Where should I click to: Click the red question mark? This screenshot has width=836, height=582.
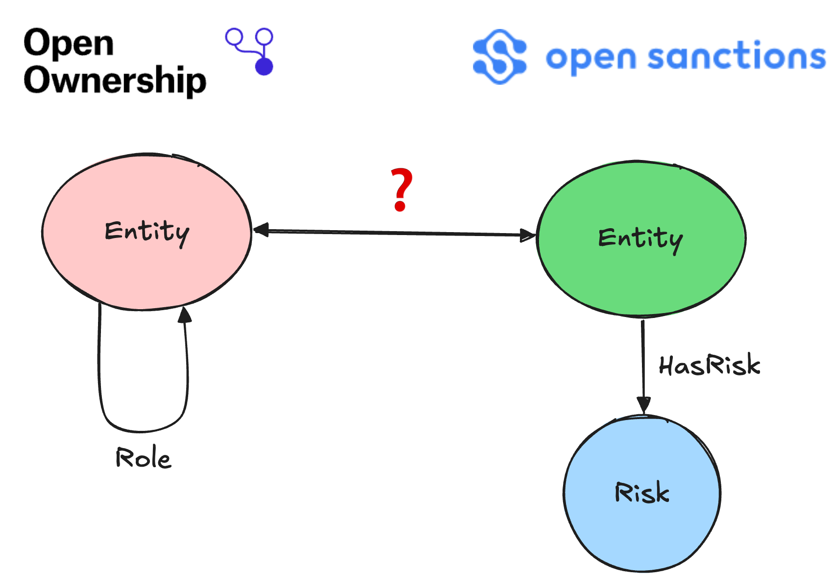click(x=401, y=190)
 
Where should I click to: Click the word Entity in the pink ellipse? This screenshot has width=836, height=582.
click(x=147, y=232)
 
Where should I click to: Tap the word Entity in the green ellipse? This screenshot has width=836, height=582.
click(x=640, y=239)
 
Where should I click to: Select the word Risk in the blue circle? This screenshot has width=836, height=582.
click(x=642, y=492)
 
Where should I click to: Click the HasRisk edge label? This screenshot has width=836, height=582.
click(x=710, y=366)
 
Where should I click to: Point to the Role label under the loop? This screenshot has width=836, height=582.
click(x=143, y=457)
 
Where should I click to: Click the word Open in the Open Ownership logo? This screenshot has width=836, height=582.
click(x=69, y=43)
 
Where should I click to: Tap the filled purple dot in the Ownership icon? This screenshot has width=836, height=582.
click(x=264, y=66)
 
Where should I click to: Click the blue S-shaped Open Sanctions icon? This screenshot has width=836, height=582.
click(x=500, y=57)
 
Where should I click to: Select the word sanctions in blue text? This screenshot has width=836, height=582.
click(x=736, y=56)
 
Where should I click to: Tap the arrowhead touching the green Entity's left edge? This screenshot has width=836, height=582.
click(x=528, y=236)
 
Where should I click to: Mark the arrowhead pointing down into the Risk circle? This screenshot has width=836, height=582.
click(x=643, y=405)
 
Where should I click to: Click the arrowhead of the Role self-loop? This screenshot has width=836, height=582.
click(x=184, y=315)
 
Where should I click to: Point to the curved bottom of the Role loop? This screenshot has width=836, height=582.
click(x=142, y=430)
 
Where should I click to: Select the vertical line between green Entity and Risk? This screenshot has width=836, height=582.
click(x=643, y=358)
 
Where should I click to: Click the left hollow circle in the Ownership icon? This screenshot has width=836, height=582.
click(x=234, y=37)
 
